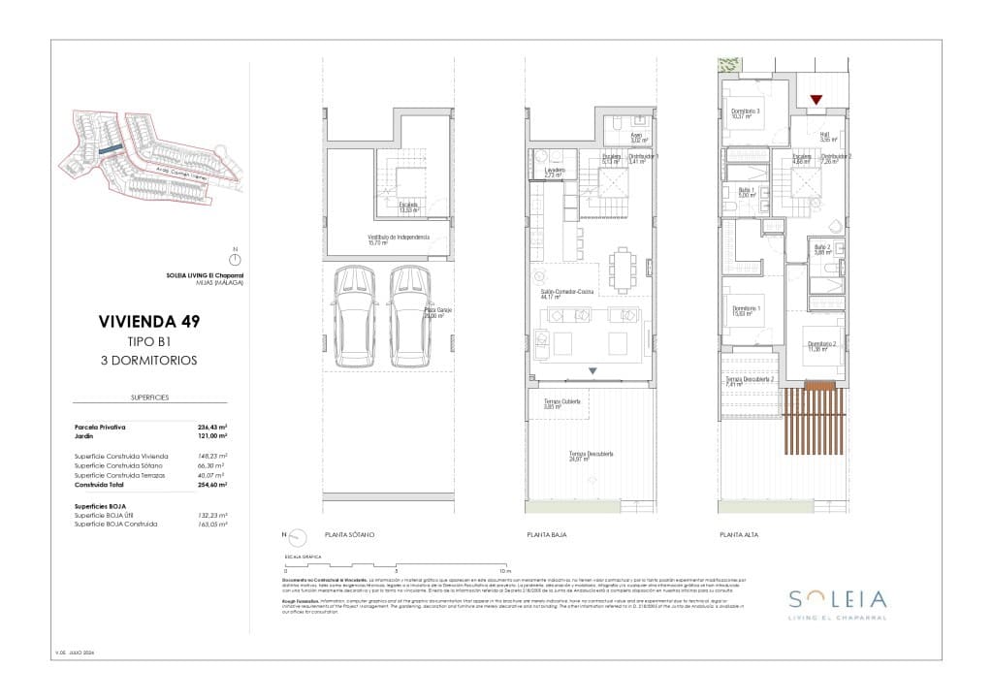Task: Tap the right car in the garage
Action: [409, 317]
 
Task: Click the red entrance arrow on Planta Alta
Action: [817, 99]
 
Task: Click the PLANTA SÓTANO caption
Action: [350, 534]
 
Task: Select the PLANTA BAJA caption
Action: [546, 534]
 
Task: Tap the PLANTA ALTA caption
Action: [738, 534]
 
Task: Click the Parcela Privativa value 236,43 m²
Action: [211, 427]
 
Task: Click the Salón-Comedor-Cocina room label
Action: [561, 295]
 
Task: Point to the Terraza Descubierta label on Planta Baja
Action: [593, 456]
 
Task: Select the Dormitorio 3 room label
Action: [745, 112]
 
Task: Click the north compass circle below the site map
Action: [233, 259]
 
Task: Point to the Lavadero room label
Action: [553, 171]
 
